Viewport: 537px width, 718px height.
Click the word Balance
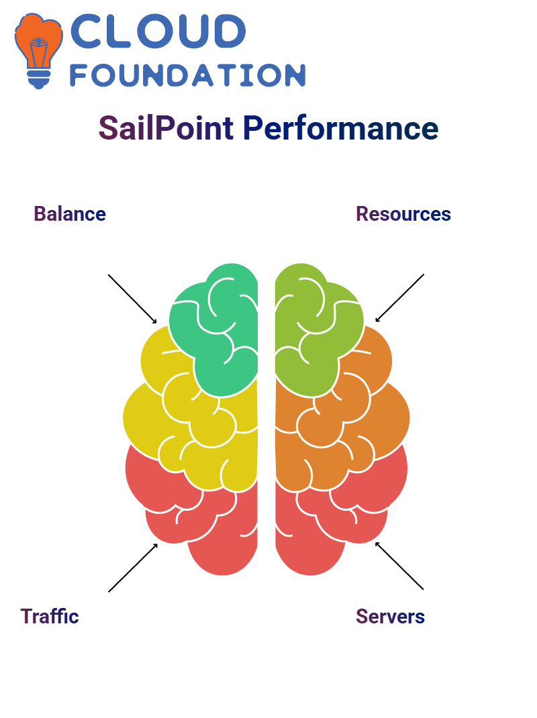pyautogui.click(x=70, y=214)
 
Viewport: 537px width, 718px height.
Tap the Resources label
pyautogui.click(x=403, y=214)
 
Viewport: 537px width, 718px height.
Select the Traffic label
pyautogui.click(x=50, y=616)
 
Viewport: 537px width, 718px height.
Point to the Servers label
pyautogui.click(x=390, y=616)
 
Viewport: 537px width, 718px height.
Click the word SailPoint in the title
pyautogui.click(x=166, y=127)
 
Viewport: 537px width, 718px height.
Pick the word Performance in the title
pyautogui.click(x=340, y=127)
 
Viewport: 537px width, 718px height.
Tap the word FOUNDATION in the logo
pyautogui.click(x=188, y=75)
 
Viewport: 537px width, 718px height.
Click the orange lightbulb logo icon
pyautogui.click(x=38, y=47)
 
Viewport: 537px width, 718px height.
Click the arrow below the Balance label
pyautogui.click(x=132, y=298)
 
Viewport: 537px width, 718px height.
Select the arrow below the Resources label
pyautogui.click(x=400, y=297)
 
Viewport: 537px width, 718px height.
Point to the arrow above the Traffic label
pyautogui.click(x=133, y=568)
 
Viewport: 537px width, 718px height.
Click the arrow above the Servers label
pyautogui.click(x=399, y=566)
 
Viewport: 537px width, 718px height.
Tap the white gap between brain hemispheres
pyautogui.click(x=266, y=416)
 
